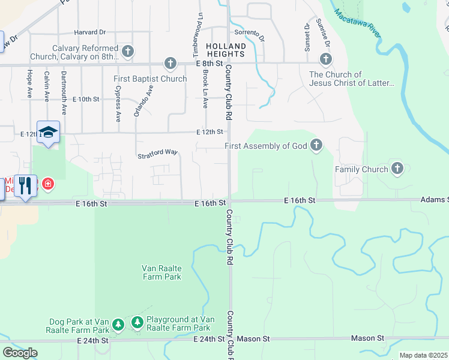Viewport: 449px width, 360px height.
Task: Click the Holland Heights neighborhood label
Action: (x=226, y=50)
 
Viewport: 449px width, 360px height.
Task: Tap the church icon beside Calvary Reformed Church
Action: (x=127, y=52)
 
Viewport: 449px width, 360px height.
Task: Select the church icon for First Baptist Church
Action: (x=170, y=63)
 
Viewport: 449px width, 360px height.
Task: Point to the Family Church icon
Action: (x=397, y=169)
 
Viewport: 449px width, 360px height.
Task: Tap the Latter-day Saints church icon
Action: (x=325, y=59)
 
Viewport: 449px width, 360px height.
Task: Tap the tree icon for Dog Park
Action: (x=118, y=325)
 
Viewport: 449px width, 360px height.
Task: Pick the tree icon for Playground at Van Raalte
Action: (x=137, y=323)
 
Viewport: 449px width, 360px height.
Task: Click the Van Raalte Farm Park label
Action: (x=161, y=272)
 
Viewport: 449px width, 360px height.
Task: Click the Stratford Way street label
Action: (x=158, y=153)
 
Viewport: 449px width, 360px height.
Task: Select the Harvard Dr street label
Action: (x=90, y=32)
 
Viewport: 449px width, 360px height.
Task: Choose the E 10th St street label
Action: (x=85, y=99)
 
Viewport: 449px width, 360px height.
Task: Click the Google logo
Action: (x=20, y=353)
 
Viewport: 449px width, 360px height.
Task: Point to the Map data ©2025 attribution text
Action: (x=423, y=355)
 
